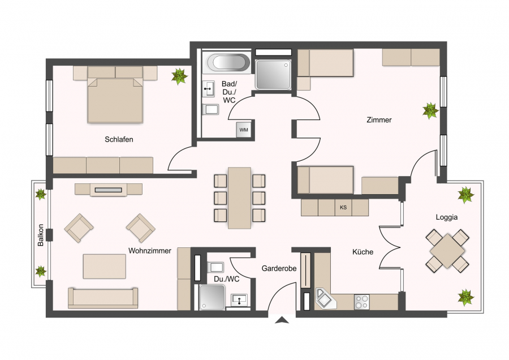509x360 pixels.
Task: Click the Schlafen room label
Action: [119, 139]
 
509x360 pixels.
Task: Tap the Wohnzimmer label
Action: [150, 251]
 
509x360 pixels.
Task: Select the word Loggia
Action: [447, 217]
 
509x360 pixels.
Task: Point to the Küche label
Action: [363, 252]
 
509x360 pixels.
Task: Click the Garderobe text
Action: [279, 269]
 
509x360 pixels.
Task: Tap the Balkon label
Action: [41, 235]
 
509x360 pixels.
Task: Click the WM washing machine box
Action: [244, 130]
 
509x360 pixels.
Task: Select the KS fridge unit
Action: [343, 207]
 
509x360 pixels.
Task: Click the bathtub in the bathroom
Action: [228, 62]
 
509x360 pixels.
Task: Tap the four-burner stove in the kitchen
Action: [361, 302]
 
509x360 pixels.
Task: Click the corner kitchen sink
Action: [326, 299]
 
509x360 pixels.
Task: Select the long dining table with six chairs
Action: [240, 198]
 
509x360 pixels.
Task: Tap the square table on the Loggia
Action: [447, 251]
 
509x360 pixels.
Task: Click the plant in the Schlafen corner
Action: [179, 76]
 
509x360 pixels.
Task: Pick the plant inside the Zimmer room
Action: [431, 111]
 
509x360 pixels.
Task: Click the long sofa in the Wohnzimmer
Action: [103, 298]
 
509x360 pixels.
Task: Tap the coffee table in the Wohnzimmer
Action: [105, 267]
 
